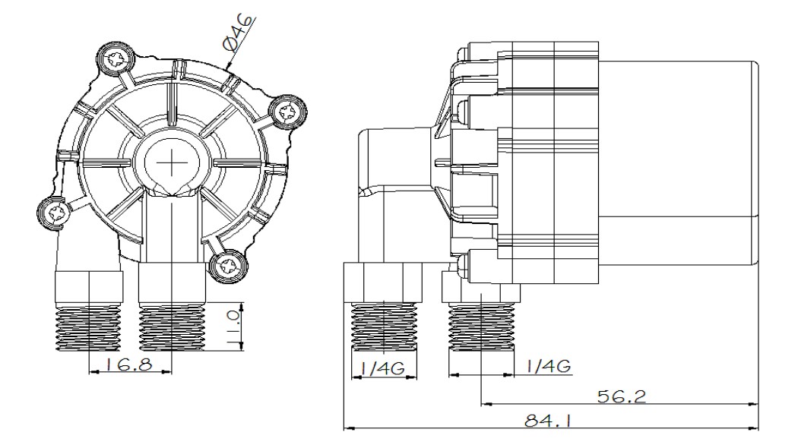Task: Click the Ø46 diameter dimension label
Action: tap(238, 33)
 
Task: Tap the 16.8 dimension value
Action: tap(128, 364)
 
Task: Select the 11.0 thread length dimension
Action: tap(233, 330)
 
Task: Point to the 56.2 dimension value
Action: tap(621, 396)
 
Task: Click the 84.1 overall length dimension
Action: tap(548, 420)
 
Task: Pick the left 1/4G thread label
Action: tap(382, 368)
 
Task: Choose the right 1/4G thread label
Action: tap(548, 366)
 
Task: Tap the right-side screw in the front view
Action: tap(287, 112)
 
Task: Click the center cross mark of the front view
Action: tap(172, 163)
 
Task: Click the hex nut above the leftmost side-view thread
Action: tap(384, 282)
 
